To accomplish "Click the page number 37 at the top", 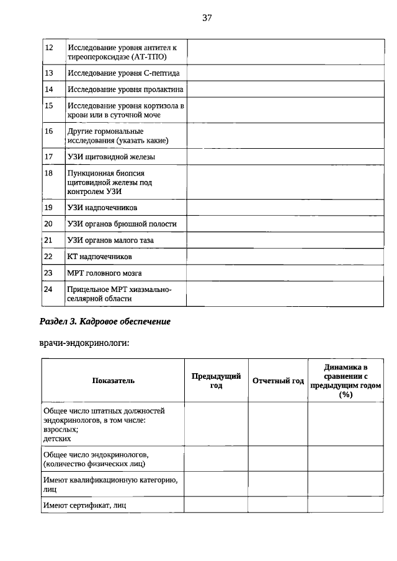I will pyautogui.click(x=207, y=18).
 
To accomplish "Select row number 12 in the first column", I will pyautogui.click(x=50, y=48).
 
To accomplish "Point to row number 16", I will pyautogui.click(x=50, y=131).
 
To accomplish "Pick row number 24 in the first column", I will pyautogui.click(x=50, y=289).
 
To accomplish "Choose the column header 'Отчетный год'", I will pyautogui.click(x=278, y=381).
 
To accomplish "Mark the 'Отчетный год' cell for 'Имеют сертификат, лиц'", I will pyautogui.click(x=278, y=505).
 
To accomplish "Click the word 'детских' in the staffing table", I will pyautogui.click(x=57, y=438).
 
